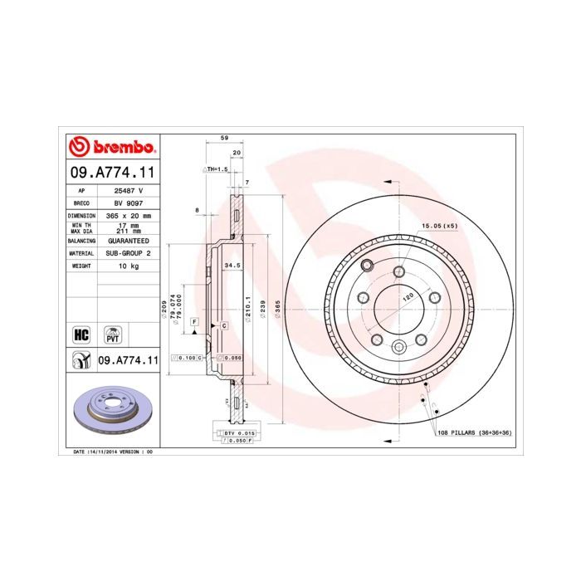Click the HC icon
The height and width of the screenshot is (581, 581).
tap(81, 334)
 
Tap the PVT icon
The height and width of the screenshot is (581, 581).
tap(110, 334)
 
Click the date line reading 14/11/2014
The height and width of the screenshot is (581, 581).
tap(108, 452)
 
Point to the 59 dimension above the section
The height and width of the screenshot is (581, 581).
tap(223, 139)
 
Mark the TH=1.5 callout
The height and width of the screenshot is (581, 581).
tap(215, 168)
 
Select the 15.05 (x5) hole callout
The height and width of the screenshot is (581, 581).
tap(440, 225)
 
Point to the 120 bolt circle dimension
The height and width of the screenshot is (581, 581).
tap(408, 296)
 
